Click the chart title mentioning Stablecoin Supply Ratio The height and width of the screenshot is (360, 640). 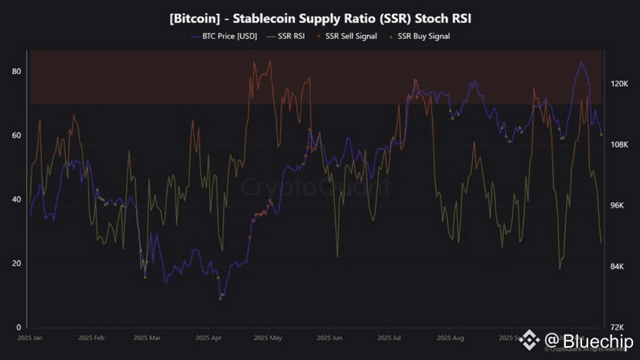tap(319, 17)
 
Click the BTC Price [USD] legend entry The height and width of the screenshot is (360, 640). tap(223, 36)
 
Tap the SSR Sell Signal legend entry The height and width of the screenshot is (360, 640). tap(350, 36)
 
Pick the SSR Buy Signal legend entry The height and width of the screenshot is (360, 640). tap(422, 36)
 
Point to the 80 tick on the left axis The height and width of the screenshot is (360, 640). tap(15, 71)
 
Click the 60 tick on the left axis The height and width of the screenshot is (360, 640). tap(15, 135)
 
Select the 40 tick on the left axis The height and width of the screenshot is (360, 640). tap(15, 199)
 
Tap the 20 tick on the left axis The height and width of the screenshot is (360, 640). tap(15, 263)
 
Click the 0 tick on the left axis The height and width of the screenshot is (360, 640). tap(17, 328)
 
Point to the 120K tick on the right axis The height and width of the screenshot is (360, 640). tap(621, 84)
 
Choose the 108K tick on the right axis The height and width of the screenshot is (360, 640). tap(621, 145)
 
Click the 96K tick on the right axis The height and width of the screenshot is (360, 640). tap(619, 205)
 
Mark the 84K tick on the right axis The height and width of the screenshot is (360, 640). tap(619, 267)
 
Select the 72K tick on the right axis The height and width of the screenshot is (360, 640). tap(619, 328)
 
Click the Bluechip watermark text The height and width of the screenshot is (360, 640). tap(589, 341)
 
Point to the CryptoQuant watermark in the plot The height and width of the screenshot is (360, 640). tap(315, 186)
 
